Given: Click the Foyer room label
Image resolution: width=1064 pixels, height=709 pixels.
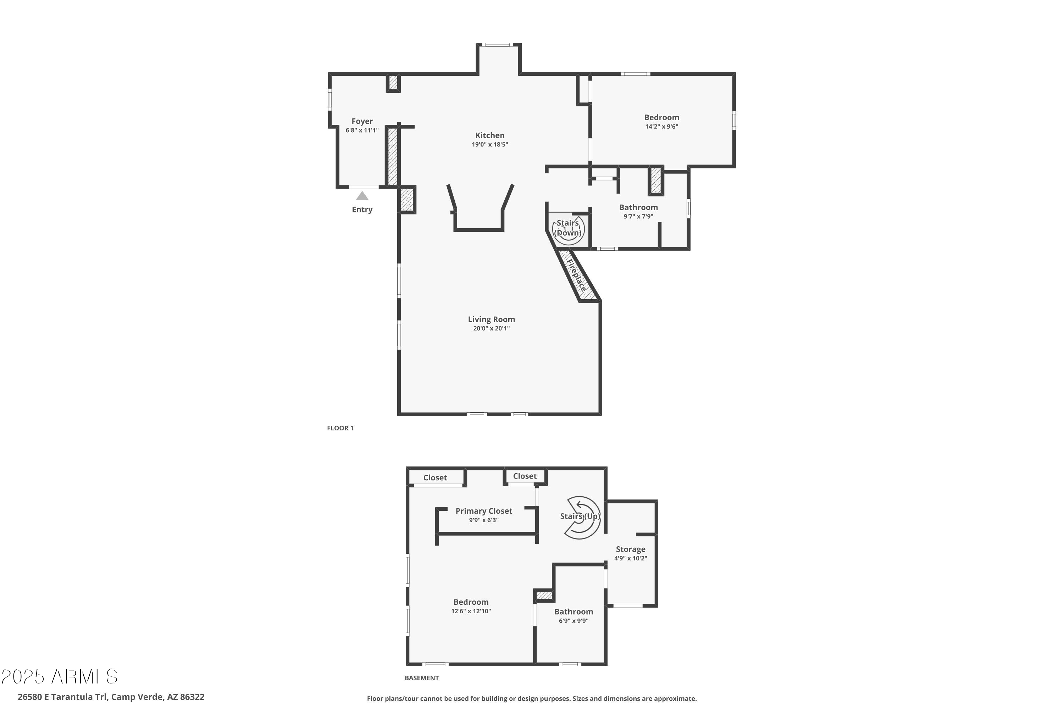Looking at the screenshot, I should point(362,121).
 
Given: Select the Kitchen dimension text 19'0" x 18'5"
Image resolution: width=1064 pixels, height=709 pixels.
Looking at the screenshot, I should point(490,145).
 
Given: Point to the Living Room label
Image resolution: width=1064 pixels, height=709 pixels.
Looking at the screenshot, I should point(491,319).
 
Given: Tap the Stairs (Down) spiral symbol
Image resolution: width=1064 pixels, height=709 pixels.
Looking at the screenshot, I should point(568,230).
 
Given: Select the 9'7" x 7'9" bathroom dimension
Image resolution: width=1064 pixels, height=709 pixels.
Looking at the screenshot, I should point(638,217).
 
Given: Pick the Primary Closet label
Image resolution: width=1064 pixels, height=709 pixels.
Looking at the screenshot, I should point(484,511).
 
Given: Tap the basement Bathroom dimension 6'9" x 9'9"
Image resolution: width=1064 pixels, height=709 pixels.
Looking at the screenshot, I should point(573,621).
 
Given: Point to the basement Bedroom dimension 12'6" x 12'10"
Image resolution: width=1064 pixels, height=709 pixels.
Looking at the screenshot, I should point(471,611).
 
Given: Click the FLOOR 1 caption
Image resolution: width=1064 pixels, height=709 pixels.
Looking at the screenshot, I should point(340,428).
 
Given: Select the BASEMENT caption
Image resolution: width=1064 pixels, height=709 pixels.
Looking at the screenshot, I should point(421,678).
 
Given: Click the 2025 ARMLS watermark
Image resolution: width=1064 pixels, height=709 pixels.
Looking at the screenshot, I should point(59,676).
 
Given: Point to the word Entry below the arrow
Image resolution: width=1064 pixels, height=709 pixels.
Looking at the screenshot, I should point(362,210).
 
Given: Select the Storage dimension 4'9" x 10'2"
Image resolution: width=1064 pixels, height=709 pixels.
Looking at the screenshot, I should point(630,558).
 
